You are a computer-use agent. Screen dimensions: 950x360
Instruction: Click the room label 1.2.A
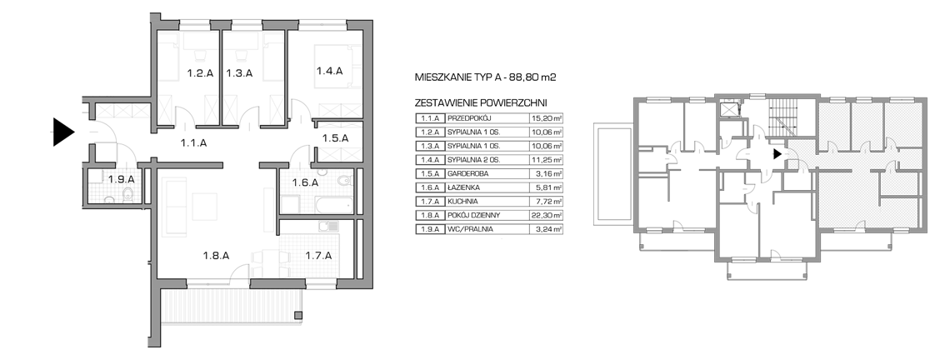pos(201,74)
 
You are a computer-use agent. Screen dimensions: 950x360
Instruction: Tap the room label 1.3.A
pos(239,74)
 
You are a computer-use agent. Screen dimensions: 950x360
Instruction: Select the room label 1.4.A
pos(330,71)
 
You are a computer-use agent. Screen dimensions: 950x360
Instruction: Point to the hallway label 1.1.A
pos(194,143)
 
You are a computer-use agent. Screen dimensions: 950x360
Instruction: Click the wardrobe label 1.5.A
pos(335,138)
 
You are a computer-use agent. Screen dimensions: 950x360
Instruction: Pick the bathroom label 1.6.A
pos(305,182)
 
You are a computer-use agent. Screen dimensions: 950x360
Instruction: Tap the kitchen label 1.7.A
pos(318,256)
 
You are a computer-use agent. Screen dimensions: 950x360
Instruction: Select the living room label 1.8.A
pos(216,256)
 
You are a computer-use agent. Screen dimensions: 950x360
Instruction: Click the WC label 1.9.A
pos(121,179)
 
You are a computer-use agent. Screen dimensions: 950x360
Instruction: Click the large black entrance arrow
pos(63,132)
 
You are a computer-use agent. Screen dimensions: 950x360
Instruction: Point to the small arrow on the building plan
pos(777,154)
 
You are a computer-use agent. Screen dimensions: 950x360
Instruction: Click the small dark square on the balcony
pos(298,315)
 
